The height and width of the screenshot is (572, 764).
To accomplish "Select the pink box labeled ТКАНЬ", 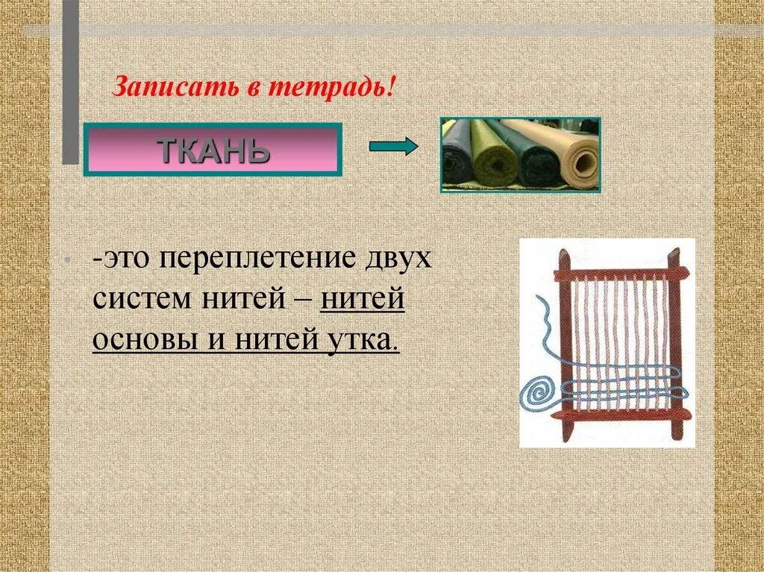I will click(212, 150).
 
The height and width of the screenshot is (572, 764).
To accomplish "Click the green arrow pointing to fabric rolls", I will click(394, 147).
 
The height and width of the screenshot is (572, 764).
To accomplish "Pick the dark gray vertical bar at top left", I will click(70, 82).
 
